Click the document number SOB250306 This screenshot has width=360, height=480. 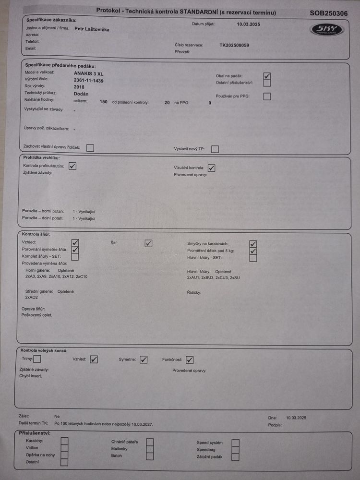(329, 13)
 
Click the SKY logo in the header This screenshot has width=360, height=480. (327, 30)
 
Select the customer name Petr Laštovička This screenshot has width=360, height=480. (92, 29)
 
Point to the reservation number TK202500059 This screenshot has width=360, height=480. (234, 45)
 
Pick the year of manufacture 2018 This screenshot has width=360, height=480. (79, 87)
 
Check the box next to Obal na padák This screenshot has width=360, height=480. (267, 76)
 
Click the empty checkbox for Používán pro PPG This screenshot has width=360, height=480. (267, 96)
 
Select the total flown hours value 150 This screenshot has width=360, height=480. (103, 102)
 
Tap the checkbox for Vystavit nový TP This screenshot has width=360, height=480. (215, 149)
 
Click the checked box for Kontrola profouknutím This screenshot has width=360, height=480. (72, 166)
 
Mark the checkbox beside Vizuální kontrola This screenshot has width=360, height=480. (211, 168)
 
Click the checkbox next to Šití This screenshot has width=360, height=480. (149, 243)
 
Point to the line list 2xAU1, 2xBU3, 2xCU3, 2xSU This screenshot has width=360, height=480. (213, 277)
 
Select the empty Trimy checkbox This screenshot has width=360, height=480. (37, 359)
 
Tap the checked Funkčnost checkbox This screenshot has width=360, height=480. (190, 360)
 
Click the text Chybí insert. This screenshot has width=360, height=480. (31, 376)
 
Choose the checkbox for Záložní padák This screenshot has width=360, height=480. (236, 457)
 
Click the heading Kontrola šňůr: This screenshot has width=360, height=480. (36, 234)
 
